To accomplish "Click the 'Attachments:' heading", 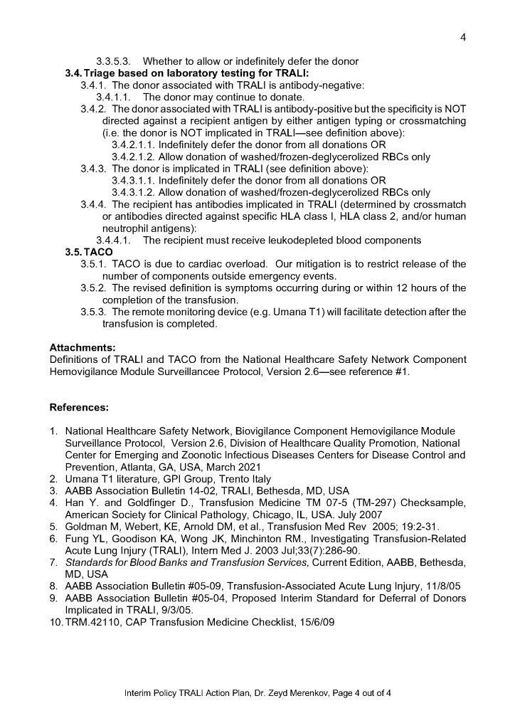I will (82, 347).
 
